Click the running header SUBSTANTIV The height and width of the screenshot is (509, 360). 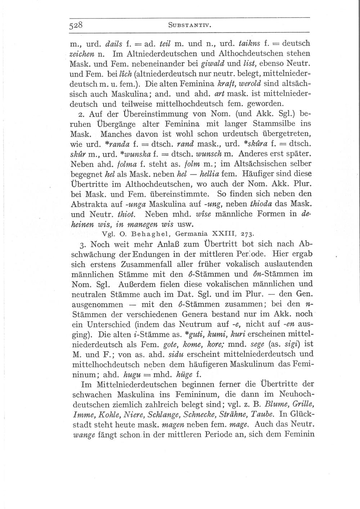[189, 26]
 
